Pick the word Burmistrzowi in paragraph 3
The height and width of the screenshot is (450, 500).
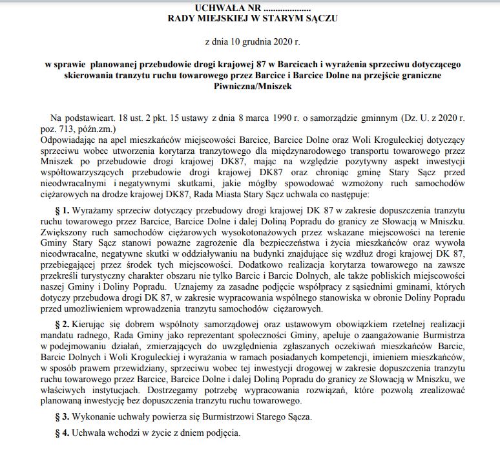point(222,415)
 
